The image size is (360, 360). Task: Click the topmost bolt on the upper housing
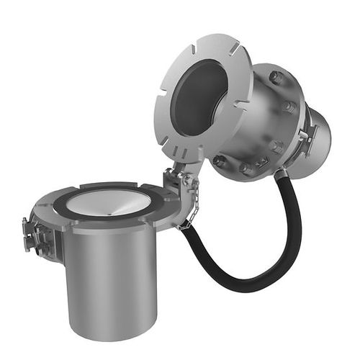click(276, 76)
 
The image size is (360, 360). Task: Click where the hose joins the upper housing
click(282, 173)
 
